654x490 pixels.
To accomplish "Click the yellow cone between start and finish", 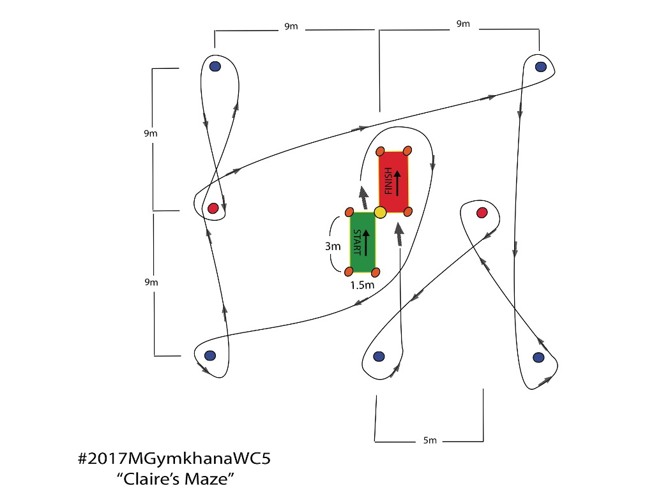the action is [380, 212].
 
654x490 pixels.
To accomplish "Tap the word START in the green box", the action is [357, 242].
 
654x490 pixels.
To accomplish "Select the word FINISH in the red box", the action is [388, 181].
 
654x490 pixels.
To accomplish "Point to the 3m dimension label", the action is [333, 246].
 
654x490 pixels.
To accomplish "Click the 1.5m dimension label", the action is [362, 285].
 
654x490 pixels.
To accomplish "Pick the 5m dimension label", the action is [430, 440].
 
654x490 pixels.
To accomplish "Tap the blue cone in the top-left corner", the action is [215, 66].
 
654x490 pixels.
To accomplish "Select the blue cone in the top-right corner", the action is [540, 66].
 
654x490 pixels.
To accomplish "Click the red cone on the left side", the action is [213, 209].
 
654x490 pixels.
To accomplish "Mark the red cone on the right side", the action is [482, 213].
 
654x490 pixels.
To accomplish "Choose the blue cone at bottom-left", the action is [209, 356].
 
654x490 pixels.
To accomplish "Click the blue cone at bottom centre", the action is [379, 357].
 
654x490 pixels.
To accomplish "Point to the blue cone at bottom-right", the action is [538, 357].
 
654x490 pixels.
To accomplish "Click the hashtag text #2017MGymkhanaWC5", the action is [174, 459].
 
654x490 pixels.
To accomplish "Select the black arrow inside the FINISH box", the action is [397, 183].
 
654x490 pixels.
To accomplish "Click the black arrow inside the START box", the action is [366, 242].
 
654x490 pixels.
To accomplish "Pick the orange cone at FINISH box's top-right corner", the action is [407, 151].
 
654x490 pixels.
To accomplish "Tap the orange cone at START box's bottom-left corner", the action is [349, 272].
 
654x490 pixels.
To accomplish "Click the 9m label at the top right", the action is [463, 24].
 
